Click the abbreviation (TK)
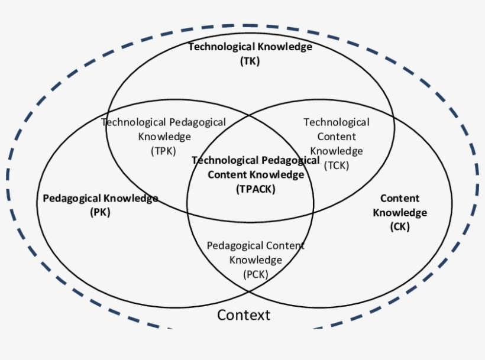click(x=250, y=60)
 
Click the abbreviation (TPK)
click(x=164, y=151)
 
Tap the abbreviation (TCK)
click(x=337, y=166)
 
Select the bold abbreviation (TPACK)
click(x=256, y=189)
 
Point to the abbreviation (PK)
click(x=100, y=213)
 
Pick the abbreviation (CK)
click(x=399, y=226)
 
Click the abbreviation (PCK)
click(x=256, y=274)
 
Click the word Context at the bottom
click(x=243, y=315)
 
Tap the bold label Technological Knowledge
click(x=250, y=47)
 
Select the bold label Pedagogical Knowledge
click(x=100, y=199)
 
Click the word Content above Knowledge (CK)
click(x=399, y=199)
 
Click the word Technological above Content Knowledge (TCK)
click(x=337, y=122)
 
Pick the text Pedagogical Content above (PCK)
click(x=256, y=245)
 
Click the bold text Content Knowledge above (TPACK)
click(x=256, y=174)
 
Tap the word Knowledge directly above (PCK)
click(x=256, y=260)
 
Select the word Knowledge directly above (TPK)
click(x=164, y=137)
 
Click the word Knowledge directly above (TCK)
click(x=337, y=151)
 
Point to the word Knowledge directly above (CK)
click(x=399, y=213)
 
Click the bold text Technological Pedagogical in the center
click(x=256, y=160)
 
